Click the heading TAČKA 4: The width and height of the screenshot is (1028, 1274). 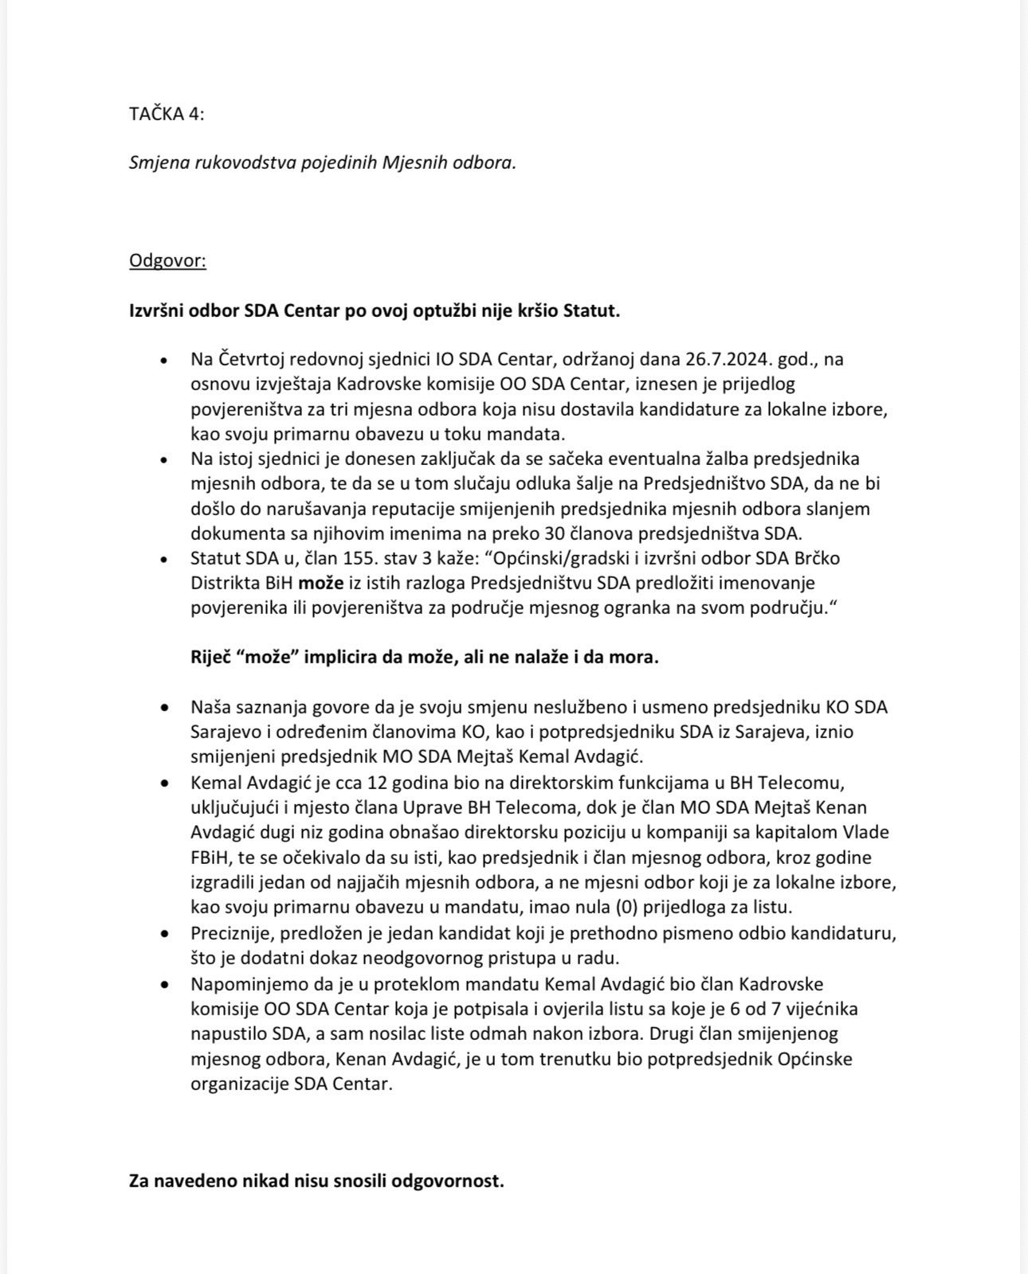coord(167,114)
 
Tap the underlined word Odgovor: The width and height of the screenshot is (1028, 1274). coord(167,261)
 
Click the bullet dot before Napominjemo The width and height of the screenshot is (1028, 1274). coord(164,985)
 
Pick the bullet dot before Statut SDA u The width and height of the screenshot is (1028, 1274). coord(164,559)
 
